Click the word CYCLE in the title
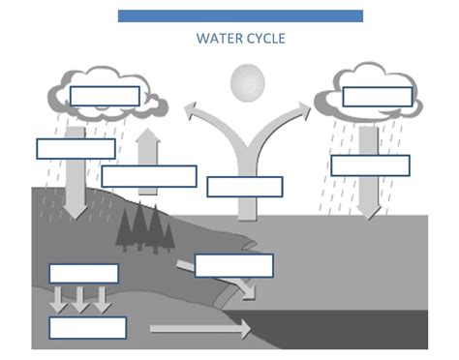[265, 39]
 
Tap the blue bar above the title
[240, 15]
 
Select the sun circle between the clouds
[246, 82]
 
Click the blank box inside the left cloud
[104, 96]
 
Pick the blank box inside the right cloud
[377, 97]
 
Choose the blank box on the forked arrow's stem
[245, 187]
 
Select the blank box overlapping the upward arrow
[149, 176]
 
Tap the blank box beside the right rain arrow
[370, 165]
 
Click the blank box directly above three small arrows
[83, 274]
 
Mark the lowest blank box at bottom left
[87, 328]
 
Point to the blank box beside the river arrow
[233, 265]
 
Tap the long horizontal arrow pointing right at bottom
[199, 330]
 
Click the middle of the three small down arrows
[80, 299]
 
